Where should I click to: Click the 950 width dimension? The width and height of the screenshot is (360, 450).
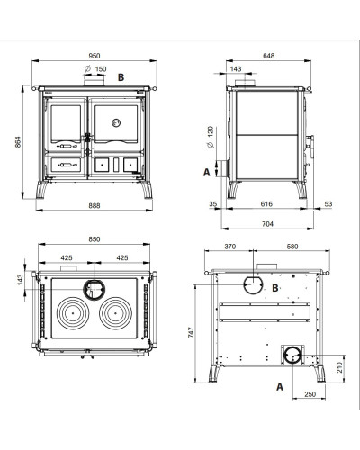tap(94, 56)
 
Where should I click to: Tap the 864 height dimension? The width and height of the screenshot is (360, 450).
tap(18, 142)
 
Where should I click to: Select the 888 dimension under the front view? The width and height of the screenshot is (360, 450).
tap(94, 206)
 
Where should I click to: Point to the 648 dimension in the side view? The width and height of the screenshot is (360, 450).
tap(268, 56)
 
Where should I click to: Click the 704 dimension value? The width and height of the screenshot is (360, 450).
tap(267, 224)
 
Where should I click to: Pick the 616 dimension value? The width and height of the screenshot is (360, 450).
tap(266, 204)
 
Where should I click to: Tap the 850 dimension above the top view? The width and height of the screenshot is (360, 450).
tap(94, 239)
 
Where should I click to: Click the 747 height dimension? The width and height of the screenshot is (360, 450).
tap(191, 332)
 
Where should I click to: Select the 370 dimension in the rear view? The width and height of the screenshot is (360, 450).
tap(230, 247)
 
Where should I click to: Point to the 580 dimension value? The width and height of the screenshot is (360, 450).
tap(292, 247)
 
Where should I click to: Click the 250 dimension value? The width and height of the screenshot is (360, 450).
tap(310, 394)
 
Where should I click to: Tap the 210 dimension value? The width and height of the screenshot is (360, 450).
tap(339, 367)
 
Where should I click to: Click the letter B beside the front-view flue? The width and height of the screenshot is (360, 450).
tap(121, 77)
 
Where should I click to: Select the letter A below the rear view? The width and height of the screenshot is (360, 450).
tap(280, 387)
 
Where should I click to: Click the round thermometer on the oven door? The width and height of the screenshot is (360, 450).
tap(116, 122)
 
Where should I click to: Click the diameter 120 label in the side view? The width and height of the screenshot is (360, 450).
tap(211, 137)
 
